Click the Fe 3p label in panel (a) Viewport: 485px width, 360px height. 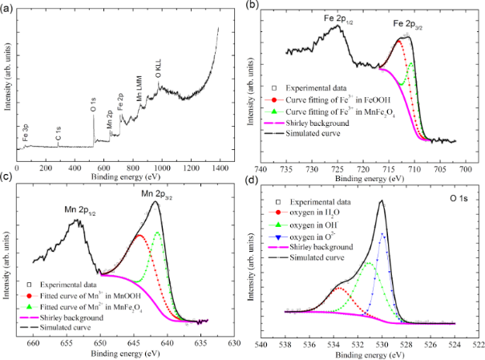coord(26,132)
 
